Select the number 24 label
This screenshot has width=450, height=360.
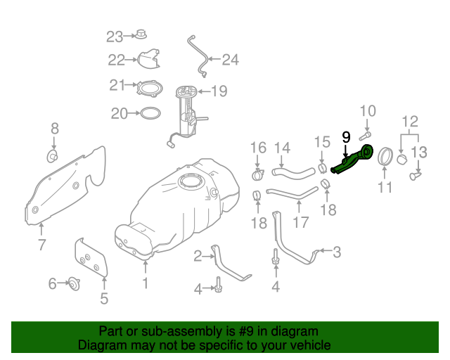coord(230,60)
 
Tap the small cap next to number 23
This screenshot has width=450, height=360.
coord(141,34)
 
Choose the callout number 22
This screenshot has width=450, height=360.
coord(116,60)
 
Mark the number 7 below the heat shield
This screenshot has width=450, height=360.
coord(41,245)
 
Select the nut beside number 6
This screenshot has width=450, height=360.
coord(73,284)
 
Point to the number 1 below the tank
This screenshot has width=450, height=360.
coord(145,283)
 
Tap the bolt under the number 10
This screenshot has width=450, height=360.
coord(367,134)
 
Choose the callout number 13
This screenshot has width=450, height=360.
coord(419,152)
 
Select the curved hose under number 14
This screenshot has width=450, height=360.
coord(291,169)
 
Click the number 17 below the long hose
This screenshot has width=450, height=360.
coord(300,223)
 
